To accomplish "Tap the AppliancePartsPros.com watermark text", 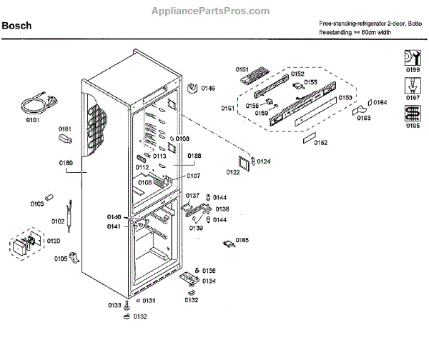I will (214, 11).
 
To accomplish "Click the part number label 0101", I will (34, 121).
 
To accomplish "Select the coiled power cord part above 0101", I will (35, 105).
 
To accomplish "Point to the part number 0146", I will (207, 89).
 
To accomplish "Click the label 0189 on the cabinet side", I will (66, 163).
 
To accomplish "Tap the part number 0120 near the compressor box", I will (54, 241).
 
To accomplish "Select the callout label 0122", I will (233, 172).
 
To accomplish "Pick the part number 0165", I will (242, 240).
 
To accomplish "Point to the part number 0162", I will (320, 143).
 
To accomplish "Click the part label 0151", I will (243, 69).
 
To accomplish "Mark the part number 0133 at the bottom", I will (114, 305).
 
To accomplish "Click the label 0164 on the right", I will (380, 102).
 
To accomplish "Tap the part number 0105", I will (60, 259).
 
